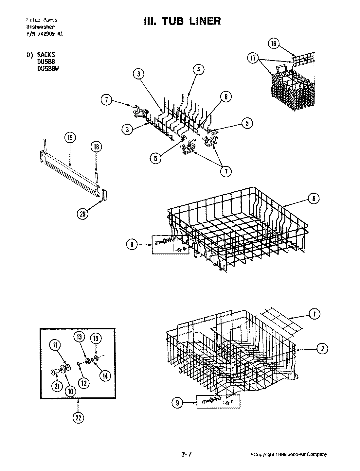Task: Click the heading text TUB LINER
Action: (x=182, y=21)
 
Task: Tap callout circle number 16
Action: (x=274, y=44)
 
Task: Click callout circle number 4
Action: (x=198, y=69)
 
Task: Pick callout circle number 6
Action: (x=226, y=96)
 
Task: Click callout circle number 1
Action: (x=315, y=314)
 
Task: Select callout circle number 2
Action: (x=323, y=349)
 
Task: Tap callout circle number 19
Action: (x=70, y=138)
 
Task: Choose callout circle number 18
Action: (x=96, y=147)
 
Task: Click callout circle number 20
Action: (x=82, y=214)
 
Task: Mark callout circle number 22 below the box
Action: (x=78, y=418)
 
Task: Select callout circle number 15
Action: (x=96, y=338)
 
